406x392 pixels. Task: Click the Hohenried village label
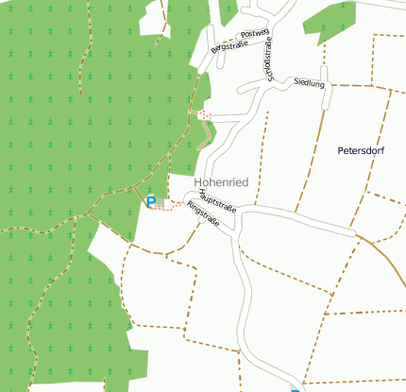pos(221,182)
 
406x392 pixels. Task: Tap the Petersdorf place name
pos(366,150)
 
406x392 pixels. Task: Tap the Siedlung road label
pos(309,83)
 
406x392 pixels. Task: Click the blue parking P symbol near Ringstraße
pos(150,201)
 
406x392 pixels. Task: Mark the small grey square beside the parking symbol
pos(161,201)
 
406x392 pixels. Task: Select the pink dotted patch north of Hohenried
pos(205,115)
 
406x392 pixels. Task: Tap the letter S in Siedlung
pos(296,82)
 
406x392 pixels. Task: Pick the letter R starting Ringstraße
pos(190,207)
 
